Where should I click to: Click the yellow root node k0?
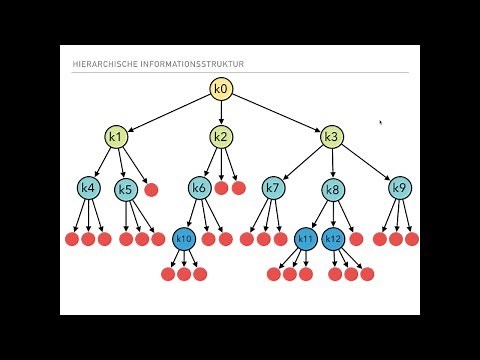coord(221,90)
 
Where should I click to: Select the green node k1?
coord(115,136)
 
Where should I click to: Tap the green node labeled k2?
coord(221,136)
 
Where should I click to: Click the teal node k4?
coord(89,187)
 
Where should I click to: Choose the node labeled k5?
coord(126,189)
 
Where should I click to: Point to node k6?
coord(199,187)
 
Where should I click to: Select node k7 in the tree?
coord(273,187)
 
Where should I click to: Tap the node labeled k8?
coord(334,189)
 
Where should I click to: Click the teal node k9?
coord(399,187)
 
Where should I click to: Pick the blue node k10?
coord(183,239)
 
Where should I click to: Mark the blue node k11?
coord(306,239)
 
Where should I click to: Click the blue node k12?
coord(334,239)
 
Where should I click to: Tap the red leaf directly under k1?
coord(151,189)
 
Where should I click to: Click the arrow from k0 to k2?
coord(221,113)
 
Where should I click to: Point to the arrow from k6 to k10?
coord(191,213)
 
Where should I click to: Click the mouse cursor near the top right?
coord(380,122)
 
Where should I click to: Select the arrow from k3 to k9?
coord(366,161)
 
